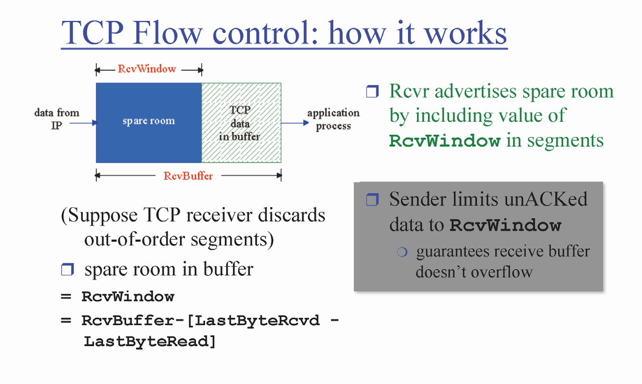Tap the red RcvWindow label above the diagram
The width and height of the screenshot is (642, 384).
click(x=147, y=69)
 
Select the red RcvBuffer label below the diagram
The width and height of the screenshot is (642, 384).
click(x=188, y=176)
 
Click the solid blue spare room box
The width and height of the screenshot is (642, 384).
click(x=148, y=122)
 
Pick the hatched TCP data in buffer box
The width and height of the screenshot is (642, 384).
click(x=241, y=122)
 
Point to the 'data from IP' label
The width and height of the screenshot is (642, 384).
click(x=57, y=119)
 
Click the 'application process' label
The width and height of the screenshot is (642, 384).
click(x=333, y=119)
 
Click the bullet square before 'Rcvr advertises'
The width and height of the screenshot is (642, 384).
click(x=372, y=92)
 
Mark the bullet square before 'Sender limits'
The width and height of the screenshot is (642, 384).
click(x=372, y=200)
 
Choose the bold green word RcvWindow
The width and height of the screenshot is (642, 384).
click(x=445, y=141)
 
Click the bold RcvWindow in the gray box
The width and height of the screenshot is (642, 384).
click(x=505, y=225)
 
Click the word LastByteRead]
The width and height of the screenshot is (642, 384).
click(x=150, y=342)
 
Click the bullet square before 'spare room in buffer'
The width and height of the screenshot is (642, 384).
click(x=67, y=270)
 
